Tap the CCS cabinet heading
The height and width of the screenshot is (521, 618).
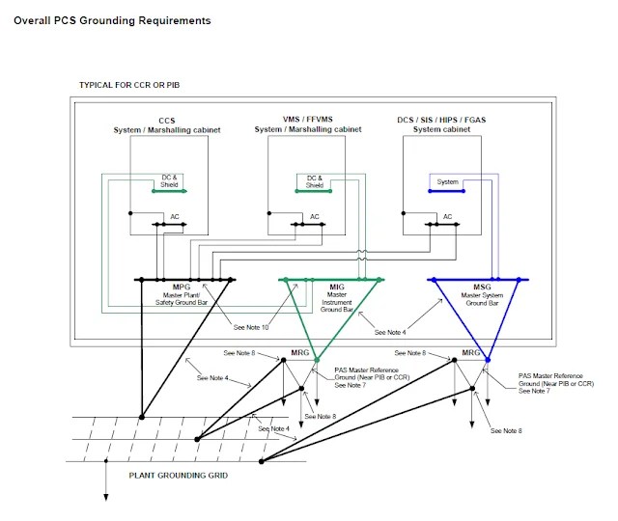click(x=167, y=124)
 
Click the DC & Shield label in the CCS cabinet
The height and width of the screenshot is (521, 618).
click(x=169, y=181)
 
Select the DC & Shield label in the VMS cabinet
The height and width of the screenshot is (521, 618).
click(x=315, y=181)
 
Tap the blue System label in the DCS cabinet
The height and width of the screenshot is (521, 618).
click(x=447, y=181)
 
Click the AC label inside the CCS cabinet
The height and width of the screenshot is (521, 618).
click(x=175, y=217)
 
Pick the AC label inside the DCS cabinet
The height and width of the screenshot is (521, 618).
click(x=447, y=217)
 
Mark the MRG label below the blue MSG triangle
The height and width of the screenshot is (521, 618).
click(x=471, y=352)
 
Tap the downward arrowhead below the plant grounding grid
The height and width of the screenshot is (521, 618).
click(x=105, y=498)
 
